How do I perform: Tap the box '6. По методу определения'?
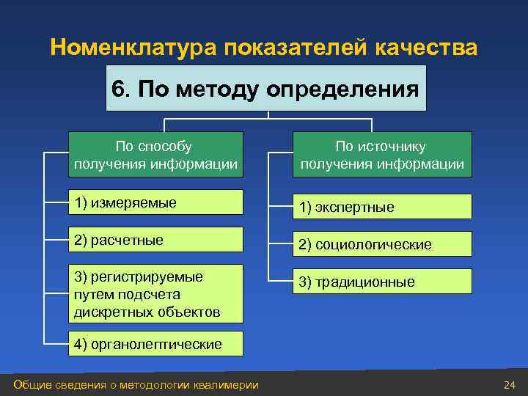265,89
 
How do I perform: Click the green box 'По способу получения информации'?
155,155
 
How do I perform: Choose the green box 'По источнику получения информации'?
381,155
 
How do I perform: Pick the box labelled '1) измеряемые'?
155,202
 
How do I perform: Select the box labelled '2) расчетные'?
155,240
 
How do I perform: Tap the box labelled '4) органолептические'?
155,344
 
